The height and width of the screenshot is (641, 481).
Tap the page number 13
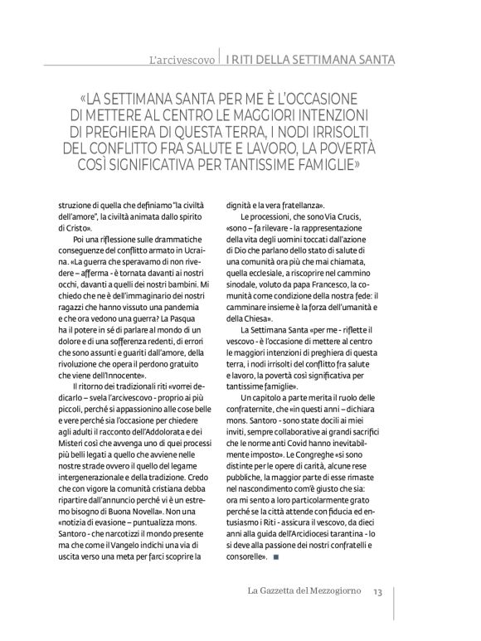(377, 591)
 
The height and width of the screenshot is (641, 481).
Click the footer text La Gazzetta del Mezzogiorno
(296, 591)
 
